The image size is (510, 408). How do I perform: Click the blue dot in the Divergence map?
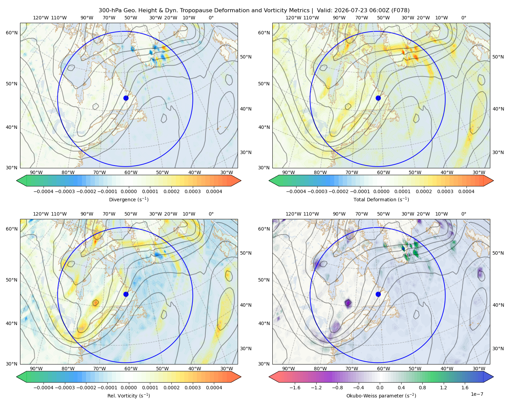[x=126, y=98]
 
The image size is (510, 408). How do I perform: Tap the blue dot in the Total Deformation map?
[x=378, y=98]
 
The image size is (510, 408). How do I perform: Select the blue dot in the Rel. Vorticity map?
[x=126, y=294]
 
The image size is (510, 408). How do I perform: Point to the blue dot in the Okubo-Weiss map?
[x=378, y=294]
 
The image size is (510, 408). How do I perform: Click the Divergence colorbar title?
[x=129, y=200]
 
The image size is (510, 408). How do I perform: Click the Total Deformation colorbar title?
[x=381, y=200]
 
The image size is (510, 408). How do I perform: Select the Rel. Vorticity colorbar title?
[x=129, y=396]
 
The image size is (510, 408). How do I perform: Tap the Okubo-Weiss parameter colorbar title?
[x=381, y=396]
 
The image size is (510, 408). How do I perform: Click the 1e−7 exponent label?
[x=477, y=394]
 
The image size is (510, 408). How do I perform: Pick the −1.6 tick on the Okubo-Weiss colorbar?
[x=295, y=388]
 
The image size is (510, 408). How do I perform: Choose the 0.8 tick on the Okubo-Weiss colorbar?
[x=422, y=388]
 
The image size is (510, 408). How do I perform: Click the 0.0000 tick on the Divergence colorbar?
[x=129, y=191]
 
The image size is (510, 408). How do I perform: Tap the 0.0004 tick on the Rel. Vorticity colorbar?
[x=214, y=388]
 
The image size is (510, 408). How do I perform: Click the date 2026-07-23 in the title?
[x=347, y=11]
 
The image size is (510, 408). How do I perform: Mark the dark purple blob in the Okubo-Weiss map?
[x=348, y=303]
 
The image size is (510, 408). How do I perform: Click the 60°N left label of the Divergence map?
[x=12, y=33]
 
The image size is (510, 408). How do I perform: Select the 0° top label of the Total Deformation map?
[x=463, y=18]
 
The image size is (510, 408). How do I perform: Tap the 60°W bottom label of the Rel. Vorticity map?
[x=131, y=369]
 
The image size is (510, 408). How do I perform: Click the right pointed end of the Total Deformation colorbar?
[x=493, y=181]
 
